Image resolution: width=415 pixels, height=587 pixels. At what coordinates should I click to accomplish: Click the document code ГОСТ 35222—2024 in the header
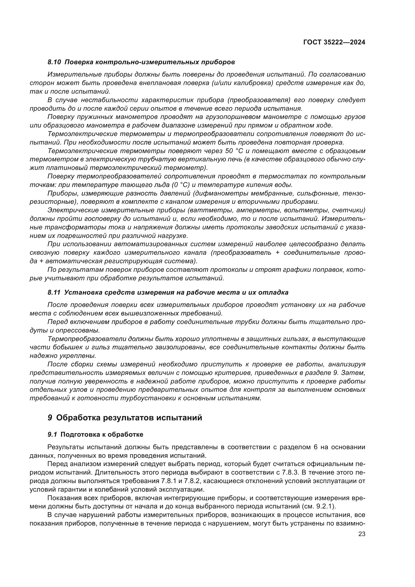pos(334,42)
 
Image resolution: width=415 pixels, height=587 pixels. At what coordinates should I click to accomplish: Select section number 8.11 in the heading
pos(54,292)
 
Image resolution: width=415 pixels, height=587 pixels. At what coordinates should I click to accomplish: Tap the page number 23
pos(362,534)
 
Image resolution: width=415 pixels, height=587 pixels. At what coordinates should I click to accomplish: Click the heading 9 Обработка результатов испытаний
pos(125,418)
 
